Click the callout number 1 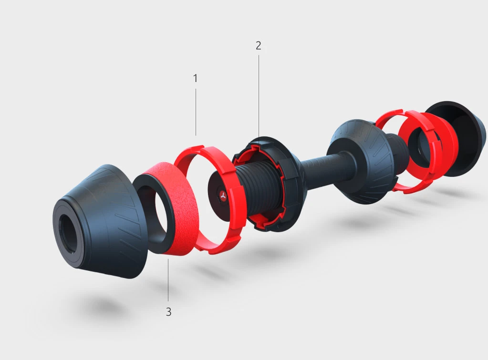(195, 78)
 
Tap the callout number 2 (259, 46)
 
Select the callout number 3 (168, 311)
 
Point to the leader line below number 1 (196, 112)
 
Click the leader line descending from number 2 (259, 96)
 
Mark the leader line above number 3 (168, 280)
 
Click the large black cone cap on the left (100, 221)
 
